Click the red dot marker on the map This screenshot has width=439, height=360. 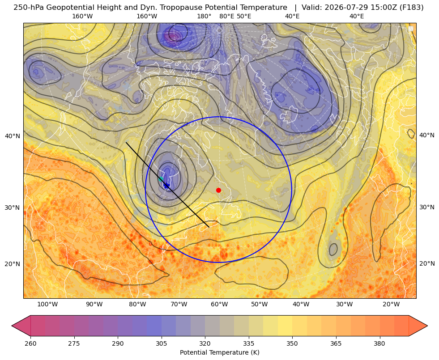point(219,190)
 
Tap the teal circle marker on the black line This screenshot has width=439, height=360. point(161,179)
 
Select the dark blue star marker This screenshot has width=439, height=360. point(167,185)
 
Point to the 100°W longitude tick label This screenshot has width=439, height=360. point(47,305)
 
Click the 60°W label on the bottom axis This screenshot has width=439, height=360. point(219,305)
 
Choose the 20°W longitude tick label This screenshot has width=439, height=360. point(391,305)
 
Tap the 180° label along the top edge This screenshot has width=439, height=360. point(204,16)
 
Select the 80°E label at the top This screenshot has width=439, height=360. point(227,16)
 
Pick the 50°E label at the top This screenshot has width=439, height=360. point(244,16)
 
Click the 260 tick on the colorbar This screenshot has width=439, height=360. point(30,343)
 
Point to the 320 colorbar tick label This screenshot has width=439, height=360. point(205,343)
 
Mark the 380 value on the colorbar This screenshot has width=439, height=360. point(379,343)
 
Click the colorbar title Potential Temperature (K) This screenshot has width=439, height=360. point(219,352)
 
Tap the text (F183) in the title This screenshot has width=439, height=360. point(412,8)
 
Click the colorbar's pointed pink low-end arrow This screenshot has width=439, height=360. point(21,326)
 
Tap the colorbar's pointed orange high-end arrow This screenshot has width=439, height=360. point(418,326)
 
